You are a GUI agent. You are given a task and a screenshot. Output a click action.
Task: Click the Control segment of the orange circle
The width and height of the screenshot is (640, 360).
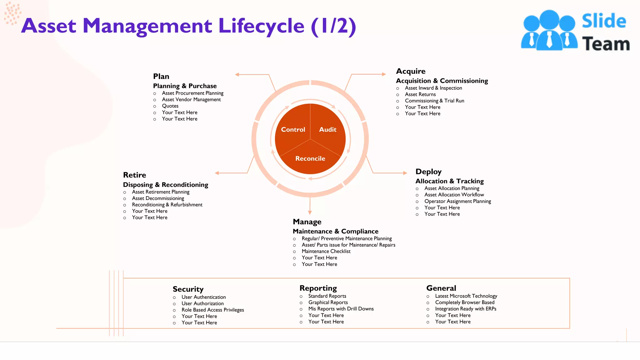click(293, 129)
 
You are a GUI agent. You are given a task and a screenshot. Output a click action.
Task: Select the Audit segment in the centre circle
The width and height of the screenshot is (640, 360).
click(327, 129)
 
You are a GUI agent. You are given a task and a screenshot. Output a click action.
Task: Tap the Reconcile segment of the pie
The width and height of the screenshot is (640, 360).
click(310, 158)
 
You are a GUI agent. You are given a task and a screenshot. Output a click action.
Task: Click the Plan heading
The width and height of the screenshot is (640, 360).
click(161, 77)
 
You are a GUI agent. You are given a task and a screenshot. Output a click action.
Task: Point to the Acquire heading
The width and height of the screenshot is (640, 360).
click(411, 71)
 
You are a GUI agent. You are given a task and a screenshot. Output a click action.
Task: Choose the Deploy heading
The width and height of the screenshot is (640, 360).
click(428, 172)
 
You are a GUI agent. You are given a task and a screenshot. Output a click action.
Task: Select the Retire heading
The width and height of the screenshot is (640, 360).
click(134, 175)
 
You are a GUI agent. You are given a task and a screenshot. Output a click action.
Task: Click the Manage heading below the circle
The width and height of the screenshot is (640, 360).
click(307, 222)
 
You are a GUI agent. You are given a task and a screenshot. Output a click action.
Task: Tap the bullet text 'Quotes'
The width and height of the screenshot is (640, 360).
click(170, 106)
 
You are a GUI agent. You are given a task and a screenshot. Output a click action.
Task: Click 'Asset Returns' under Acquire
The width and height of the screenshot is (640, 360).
click(420, 94)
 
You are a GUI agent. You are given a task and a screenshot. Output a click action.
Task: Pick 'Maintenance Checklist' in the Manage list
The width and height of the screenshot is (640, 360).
click(326, 251)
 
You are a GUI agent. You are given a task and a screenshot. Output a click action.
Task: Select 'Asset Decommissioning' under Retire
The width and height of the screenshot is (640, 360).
click(158, 198)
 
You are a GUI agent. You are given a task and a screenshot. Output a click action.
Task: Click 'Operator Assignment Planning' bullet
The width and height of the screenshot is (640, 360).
click(457, 201)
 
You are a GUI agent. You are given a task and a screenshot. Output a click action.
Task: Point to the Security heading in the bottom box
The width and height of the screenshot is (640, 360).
click(188, 289)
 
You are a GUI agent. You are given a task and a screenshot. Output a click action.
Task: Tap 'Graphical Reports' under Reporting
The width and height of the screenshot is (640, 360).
click(328, 302)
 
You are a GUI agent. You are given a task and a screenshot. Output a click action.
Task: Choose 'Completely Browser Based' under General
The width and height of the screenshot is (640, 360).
click(465, 302)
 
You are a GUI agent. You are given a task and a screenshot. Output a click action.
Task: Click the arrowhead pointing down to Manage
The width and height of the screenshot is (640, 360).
click(310, 212)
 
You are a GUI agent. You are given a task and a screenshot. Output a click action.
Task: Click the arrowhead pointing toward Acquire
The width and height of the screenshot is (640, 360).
click(384, 74)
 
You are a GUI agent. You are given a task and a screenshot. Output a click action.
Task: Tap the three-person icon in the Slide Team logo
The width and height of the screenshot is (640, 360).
click(549, 30)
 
